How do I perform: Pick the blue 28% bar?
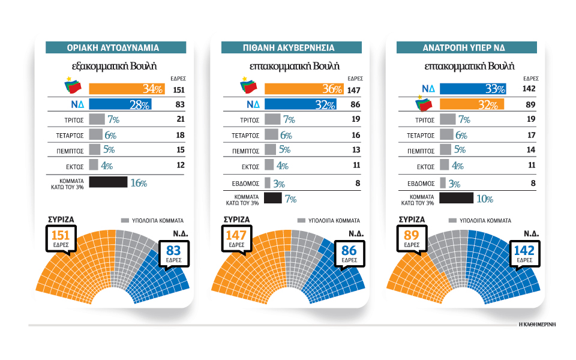(120, 104)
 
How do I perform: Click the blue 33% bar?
(473, 89)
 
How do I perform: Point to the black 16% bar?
(108, 182)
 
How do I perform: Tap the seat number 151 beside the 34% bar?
(179, 90)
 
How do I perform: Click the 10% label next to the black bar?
(485, 199)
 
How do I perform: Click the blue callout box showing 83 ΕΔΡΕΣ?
(174, 253)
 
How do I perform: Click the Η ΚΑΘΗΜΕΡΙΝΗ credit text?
(538, 324)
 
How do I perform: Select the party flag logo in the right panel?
(426, 105)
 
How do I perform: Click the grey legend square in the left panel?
(125, 220)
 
